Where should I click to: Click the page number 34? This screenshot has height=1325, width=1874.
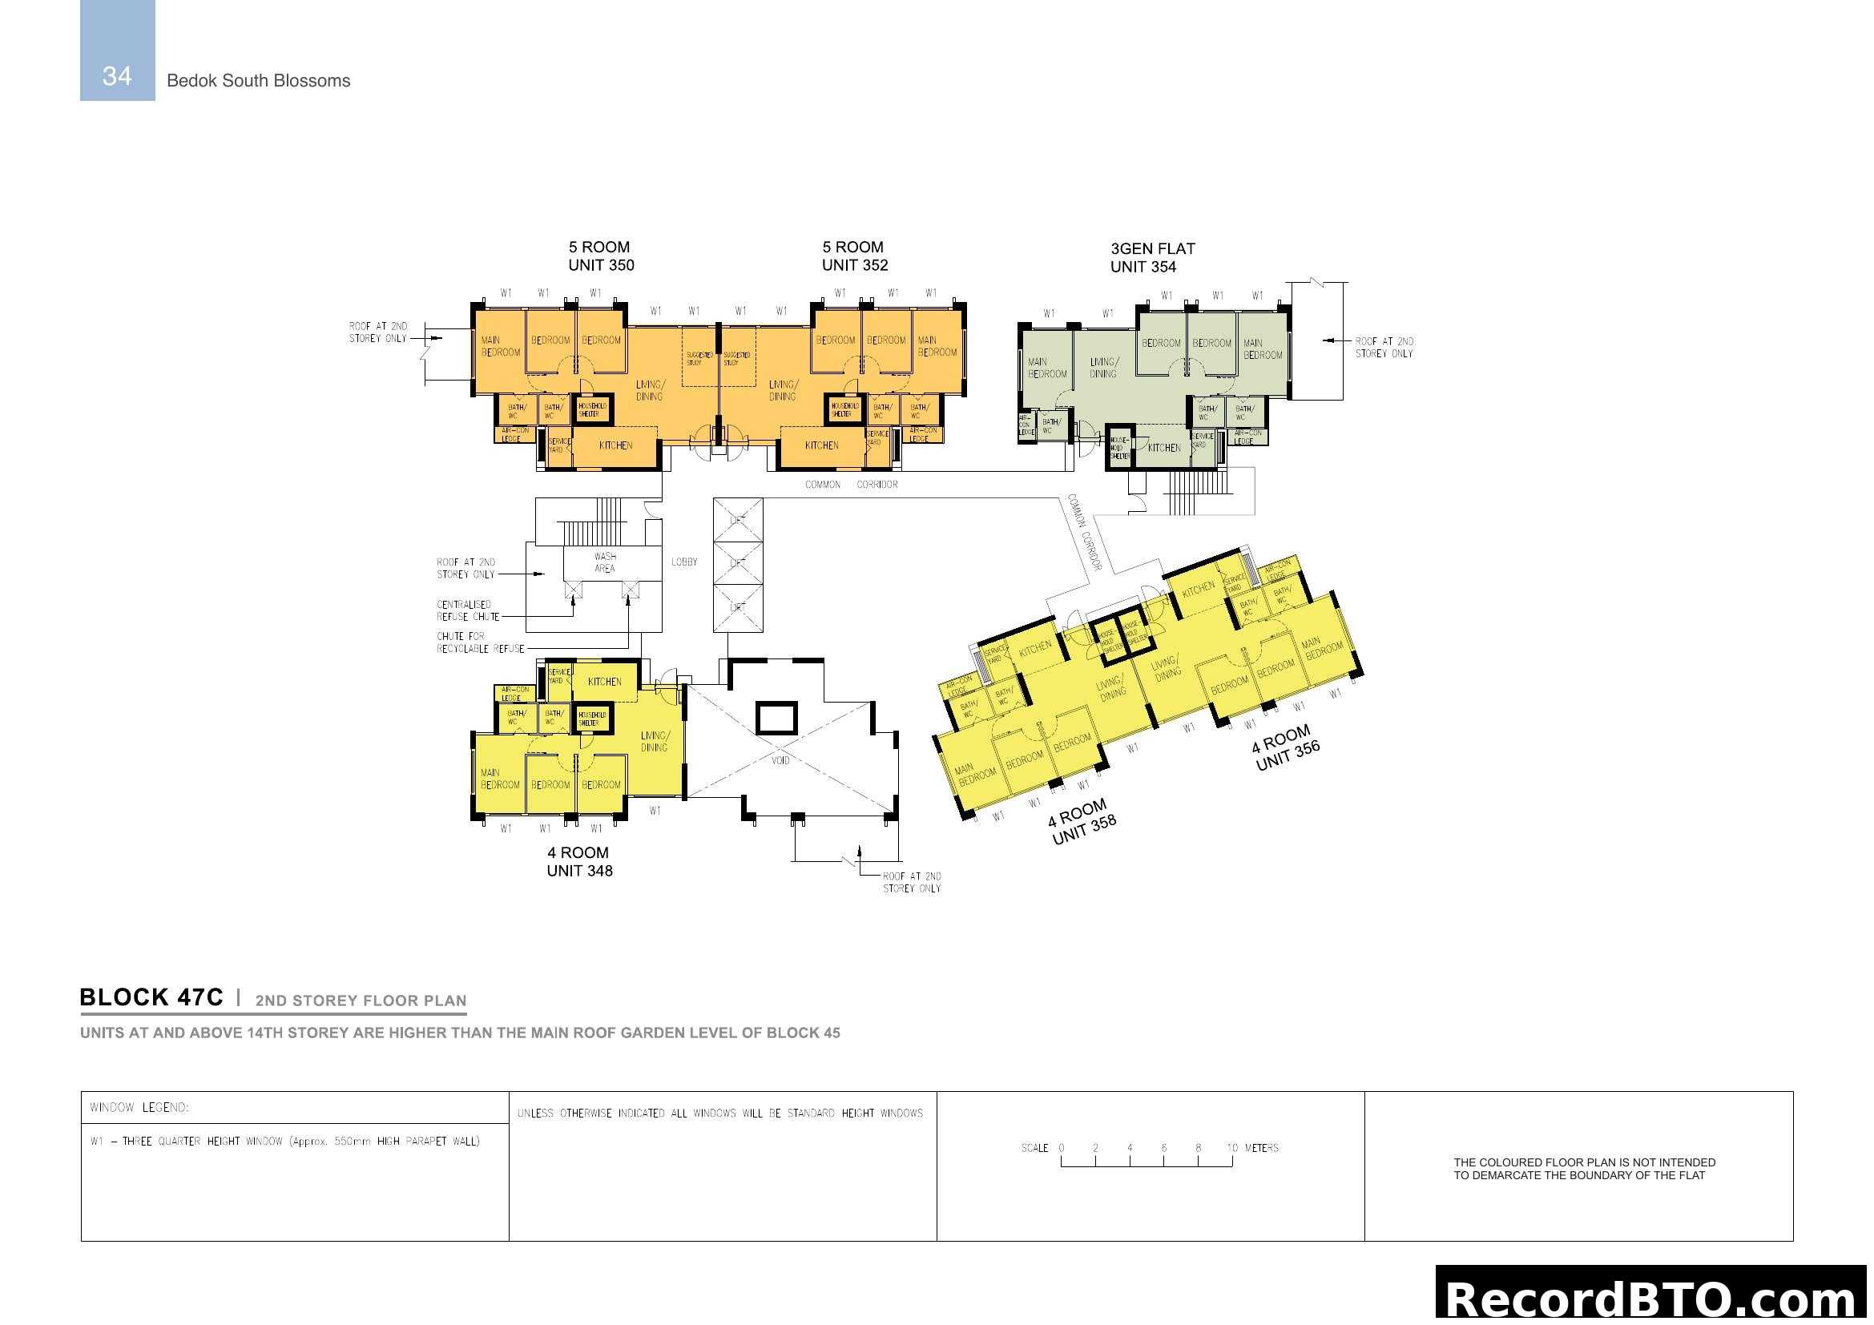pyautogui.click(x=117, y=76)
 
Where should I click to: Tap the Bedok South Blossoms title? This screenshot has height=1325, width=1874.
pyautogui.click(x=258, y=81)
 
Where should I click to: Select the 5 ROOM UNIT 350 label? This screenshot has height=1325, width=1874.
pyautogui.click(x=601, y=256)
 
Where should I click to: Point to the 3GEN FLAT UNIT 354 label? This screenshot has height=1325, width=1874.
pyautogui.click(x=1151, y=258)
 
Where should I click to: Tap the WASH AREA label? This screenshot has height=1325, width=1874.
pyautogui.click(x=605, y=562)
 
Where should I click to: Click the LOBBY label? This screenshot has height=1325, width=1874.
pyautogui.click(x=684, y=562)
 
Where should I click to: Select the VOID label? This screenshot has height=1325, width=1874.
pyautogui.click(x=780, y=760)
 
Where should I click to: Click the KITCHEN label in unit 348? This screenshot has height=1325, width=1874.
pyautogui.click(x=604, y=682)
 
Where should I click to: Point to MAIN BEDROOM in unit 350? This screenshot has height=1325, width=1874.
pyautogui.click(x=499, y=346)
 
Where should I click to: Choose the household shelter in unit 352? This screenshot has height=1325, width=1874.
pyautogui.click(x=844, y=409)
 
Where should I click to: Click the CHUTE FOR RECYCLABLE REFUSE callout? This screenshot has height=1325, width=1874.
pyautogui.click(x=480, y=642)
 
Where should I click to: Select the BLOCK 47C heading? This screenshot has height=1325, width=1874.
pyautogui.click(x=151, y=998)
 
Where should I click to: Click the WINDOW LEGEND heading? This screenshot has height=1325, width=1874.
pyautogui.click(x=139, y=1108)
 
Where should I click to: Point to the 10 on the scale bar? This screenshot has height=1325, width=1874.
pyautogui.click(x=1231, y=1148)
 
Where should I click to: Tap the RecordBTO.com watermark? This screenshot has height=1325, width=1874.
pyautogui.click(x=1652, y=1298)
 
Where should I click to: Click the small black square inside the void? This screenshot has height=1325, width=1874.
pyautogui.click(x=776, y=719)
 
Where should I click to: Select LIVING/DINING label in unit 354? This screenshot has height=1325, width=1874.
pyautogui.click(x=1103, y=368)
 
